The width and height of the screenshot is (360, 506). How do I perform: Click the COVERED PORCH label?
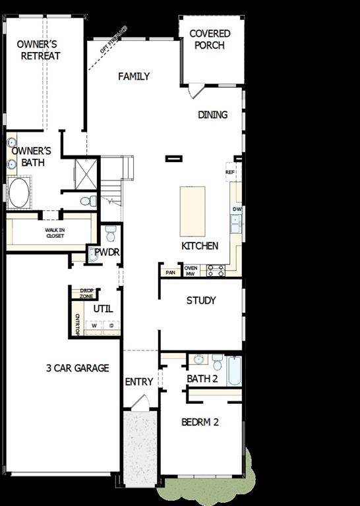click(x=210, y=40)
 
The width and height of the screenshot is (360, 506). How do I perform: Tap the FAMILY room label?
click(x=134, y=76)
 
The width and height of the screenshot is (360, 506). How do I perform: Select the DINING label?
click(x=213, y=115)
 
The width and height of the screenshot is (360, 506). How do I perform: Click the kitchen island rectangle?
click(x=193, y=211)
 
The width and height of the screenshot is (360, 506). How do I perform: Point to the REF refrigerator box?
click(x=230, y=172)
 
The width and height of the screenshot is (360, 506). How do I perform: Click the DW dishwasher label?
click(x=237, y=210)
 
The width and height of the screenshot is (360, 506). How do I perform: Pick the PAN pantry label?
click(x=170, y=271)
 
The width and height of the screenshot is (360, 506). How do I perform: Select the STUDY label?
click(x=201, y=300)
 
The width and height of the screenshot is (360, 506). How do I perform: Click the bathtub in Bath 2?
click(x=235, y=371)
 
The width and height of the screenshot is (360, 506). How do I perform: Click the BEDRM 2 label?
click(x=200, y=422)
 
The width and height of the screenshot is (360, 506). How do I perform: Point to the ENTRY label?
click(x=139, y=381)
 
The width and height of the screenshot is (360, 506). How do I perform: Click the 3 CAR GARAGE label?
click(x=78, y=368)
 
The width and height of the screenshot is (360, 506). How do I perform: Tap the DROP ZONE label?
click(x=86, y=293)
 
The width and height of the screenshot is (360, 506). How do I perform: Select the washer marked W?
click(x=94, y=325)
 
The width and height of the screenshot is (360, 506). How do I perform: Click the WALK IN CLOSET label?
click(x=55, y=233)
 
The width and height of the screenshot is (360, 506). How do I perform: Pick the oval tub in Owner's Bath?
click(x=18, y=194)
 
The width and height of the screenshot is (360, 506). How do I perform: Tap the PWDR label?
click(x=106, y=252)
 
